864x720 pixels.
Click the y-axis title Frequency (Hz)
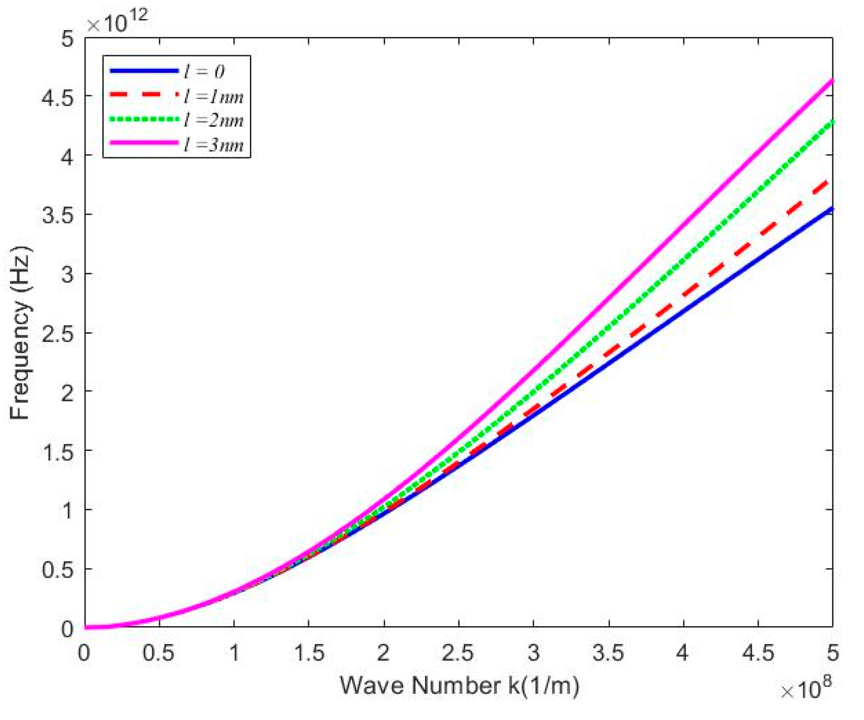[x=20, y=333]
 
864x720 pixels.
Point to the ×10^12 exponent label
[x=117, y=22]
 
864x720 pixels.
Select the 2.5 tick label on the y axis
[x=58, y=333]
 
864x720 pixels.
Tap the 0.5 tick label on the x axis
[x=159, y=653]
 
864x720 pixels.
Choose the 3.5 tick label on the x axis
[x=608, y=653]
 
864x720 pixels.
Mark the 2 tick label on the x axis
[x=383, y=653]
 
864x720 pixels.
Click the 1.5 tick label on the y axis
[x=58, y=451]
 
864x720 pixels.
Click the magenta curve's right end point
[x=832, y=81]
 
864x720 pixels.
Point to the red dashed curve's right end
[x=830, y=182]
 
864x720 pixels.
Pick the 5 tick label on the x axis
[x=833, y=653]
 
